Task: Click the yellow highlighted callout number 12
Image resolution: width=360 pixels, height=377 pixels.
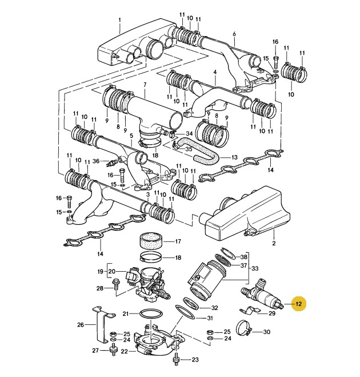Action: (x=297, y=304)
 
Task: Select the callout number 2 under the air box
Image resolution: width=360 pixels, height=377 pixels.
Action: (x=273, y=244)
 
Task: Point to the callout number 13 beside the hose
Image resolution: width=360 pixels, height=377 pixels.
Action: (x=234, y=157)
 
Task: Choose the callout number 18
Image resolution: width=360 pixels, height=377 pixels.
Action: (x=178, y=257)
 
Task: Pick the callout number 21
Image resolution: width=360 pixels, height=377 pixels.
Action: (x=126, y=313)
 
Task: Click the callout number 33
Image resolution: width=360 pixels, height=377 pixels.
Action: (x=255, y=268)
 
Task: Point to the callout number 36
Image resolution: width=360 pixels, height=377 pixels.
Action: (x=96, y=161)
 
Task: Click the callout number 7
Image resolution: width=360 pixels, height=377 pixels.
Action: (x=145, y=85)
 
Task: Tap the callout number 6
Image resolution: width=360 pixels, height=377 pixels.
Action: (x=234, y=34)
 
